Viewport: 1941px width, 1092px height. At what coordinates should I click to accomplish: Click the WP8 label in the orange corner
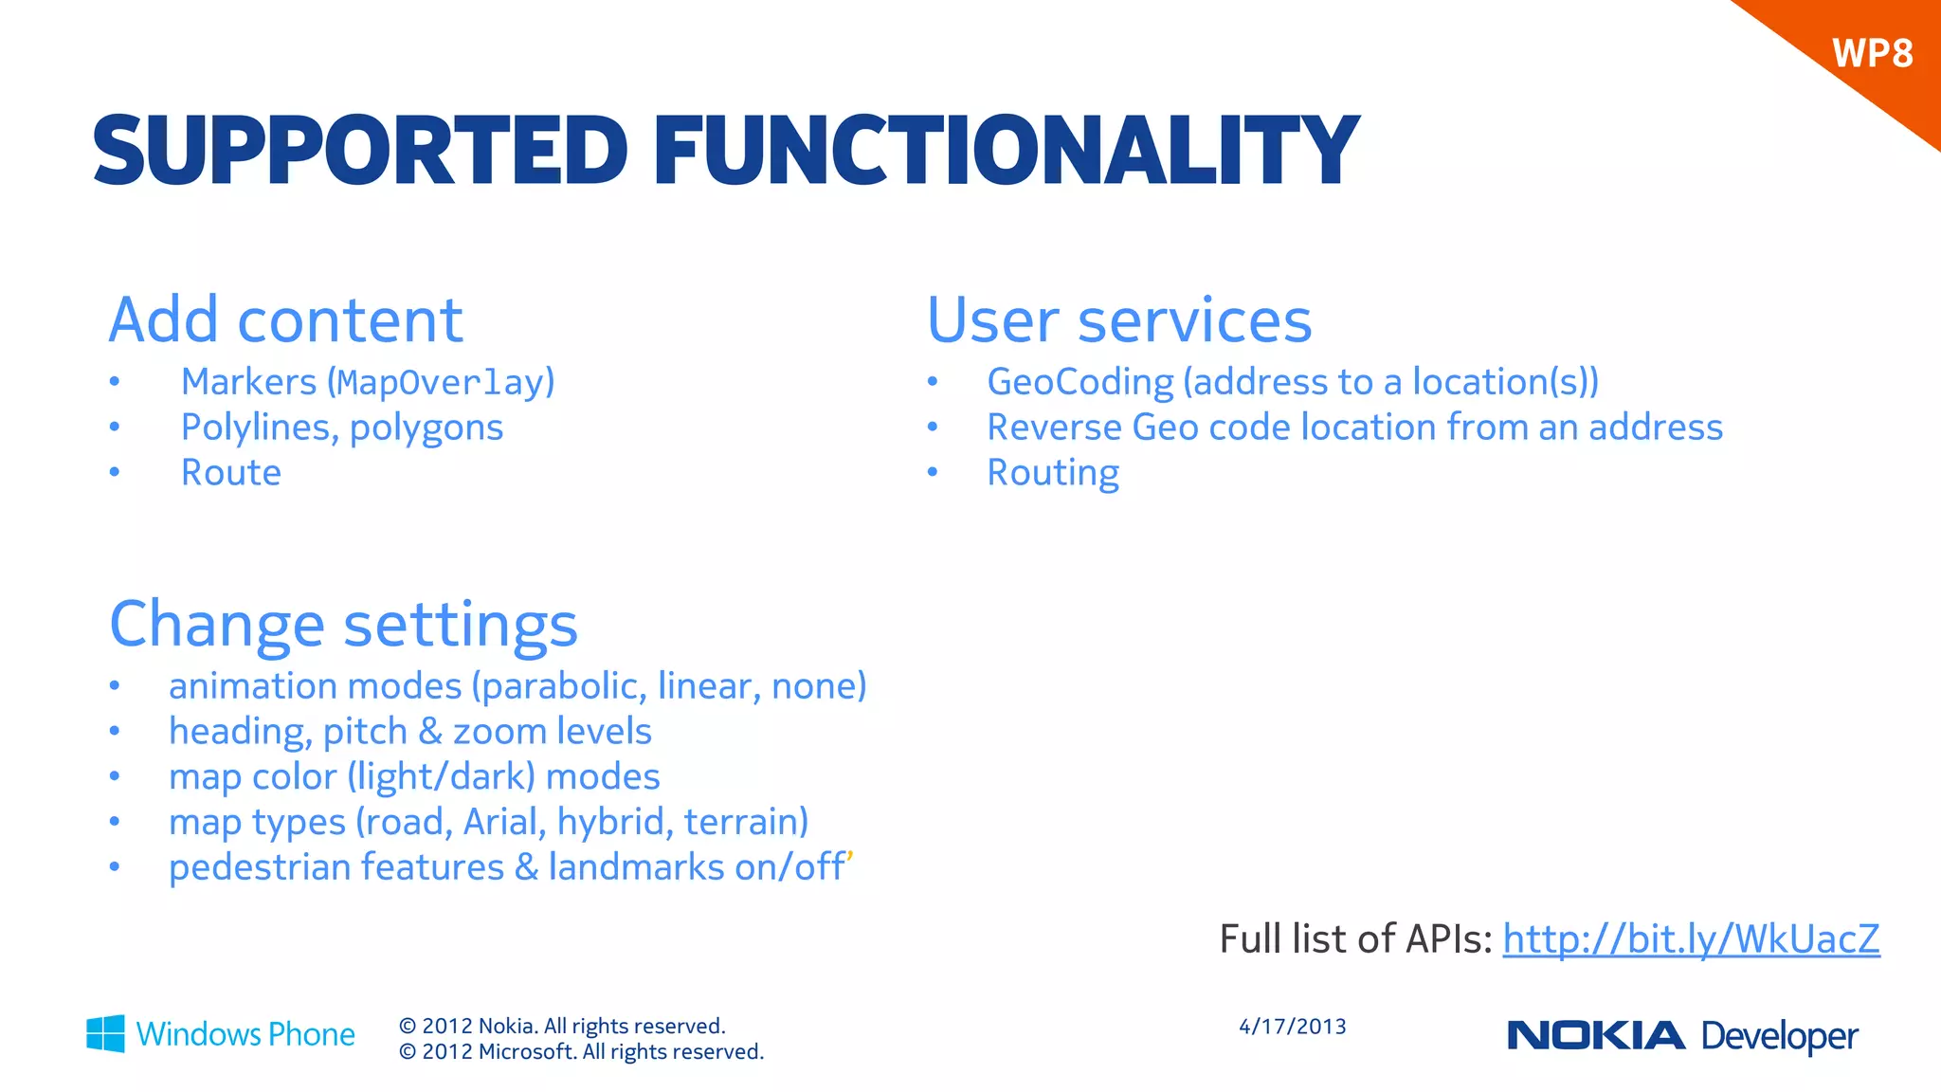(x=1872, y=53)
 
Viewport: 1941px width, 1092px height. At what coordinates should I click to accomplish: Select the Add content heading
(x=285, y=320)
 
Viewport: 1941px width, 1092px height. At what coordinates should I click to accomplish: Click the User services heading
(x=1119, y=320)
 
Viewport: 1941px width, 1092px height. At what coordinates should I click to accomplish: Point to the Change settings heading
(x=343, y=624)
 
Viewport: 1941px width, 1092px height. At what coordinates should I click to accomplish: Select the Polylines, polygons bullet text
(x=342, y=428)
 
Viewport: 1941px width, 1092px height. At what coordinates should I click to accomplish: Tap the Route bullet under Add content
(x=231, y=473)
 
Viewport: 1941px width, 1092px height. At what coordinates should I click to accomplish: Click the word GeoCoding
(x=1080, y=382)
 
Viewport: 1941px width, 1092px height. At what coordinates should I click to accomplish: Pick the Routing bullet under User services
(x=1053, y=473)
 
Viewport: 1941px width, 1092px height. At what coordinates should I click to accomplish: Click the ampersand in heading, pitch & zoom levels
(x=430, y=732)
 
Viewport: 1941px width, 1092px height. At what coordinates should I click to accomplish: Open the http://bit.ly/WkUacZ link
(x=1691, y=939)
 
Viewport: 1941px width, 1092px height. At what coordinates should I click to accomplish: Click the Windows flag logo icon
(x=105, y=1033)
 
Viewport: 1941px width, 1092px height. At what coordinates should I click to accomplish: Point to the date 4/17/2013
(x=1292, y=1027)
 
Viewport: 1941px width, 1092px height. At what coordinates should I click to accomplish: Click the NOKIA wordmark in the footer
(x=1596, y=1035)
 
